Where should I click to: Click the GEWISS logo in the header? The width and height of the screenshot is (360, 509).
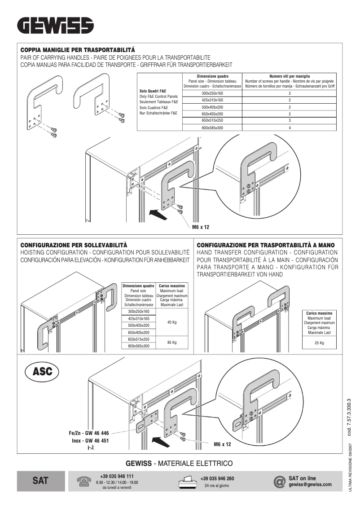(x=56, y=26)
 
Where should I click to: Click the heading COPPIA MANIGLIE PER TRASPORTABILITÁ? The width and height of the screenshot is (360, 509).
(x=78, y=49)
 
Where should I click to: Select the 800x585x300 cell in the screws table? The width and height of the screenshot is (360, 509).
(x=212, y=128)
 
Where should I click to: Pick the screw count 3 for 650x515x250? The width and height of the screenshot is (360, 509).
(x=290, y=121)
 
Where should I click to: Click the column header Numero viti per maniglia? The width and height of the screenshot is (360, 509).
(x=290, y=76)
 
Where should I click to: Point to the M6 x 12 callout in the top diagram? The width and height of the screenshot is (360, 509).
(x=201, y=228)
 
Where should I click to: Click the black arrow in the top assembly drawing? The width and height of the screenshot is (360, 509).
(x=158, y=214)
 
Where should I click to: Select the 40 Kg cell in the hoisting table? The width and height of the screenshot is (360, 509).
(x=171, y=322)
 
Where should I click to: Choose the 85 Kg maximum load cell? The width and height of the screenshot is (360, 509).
(x=171, y=342)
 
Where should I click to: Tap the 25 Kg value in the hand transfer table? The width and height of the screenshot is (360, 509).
(x=319, y=343)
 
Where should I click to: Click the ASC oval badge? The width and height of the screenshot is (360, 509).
(x=43, y=372)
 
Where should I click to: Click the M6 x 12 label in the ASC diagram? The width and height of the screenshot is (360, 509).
(x=222, y=444)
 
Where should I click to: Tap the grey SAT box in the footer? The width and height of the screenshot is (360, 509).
(x=40, y=481)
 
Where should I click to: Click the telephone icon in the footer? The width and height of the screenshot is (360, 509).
(x=83, y=481)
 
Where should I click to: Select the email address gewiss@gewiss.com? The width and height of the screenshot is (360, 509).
(x=310, y=484)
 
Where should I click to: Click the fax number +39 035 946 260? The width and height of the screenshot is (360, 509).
(x=217, y=478)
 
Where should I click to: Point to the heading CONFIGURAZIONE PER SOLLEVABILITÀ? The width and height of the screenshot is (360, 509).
(x=74, y=245)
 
